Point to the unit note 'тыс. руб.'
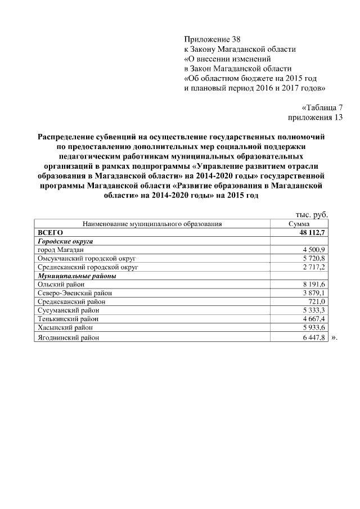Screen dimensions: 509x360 tap(311, 214)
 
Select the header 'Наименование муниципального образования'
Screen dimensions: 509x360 tap(152, 224)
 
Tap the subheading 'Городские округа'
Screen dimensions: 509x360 tap(65, 241)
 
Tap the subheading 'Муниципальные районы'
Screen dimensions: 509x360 tap(76, 276)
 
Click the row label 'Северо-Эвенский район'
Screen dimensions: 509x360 tap(74, 293)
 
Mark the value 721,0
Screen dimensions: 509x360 tap(316, 301)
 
